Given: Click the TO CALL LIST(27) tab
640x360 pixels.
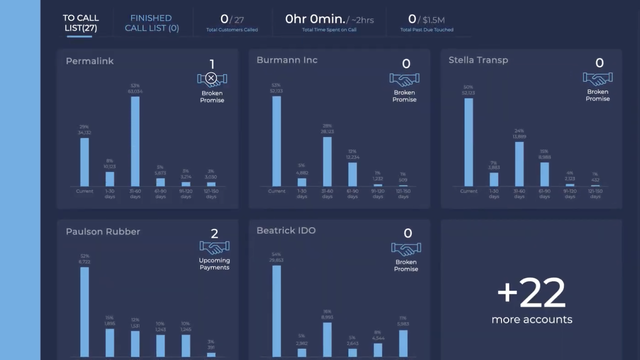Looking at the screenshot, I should [80, 23].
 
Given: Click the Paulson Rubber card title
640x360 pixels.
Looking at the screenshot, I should [103, 232].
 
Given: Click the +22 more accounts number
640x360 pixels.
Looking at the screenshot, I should [531, 294].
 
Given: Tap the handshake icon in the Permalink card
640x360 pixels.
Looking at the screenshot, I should [212, 77].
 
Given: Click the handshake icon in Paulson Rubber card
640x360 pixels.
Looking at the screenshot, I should [212, 247].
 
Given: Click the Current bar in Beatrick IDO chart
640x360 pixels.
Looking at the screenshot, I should [276, 310].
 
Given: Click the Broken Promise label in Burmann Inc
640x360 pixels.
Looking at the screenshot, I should [405, 95].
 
